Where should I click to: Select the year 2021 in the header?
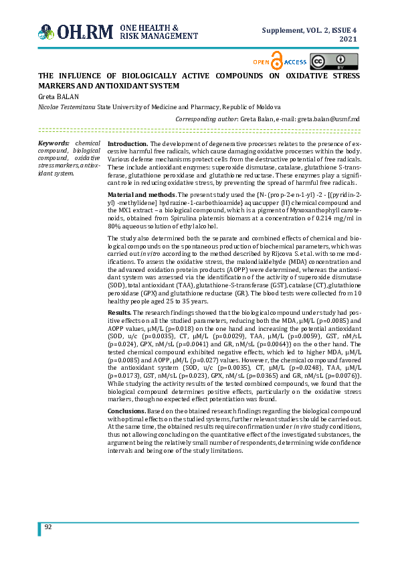(x=349, y=40)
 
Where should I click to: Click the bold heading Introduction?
(x=128, y=144)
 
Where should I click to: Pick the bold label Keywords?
(x=54, y=143)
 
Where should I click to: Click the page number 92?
(x=48, y=527)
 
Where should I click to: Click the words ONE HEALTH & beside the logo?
(x=148, y=27)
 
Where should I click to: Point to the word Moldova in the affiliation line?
(x=267, y=107)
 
